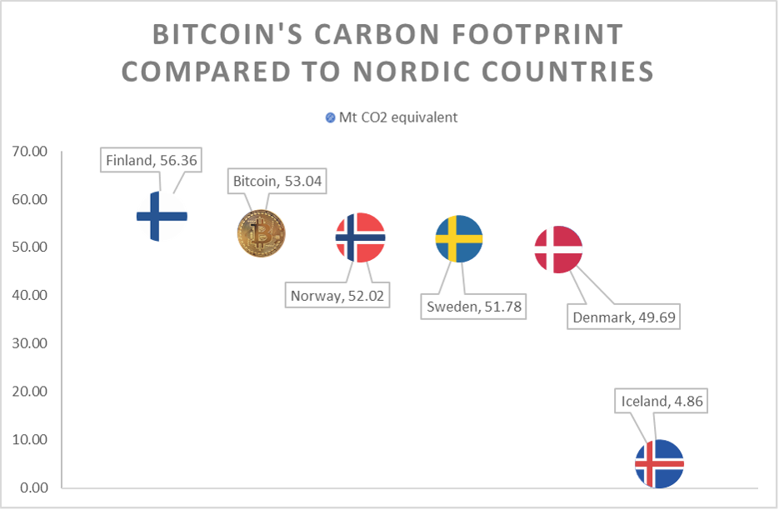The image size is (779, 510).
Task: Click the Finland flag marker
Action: (x=162, y=216)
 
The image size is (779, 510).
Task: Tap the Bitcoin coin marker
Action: (x=262, y=233)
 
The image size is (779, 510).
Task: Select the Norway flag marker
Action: (x=360, y=237)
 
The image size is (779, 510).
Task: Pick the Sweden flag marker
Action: (x=459, y=238)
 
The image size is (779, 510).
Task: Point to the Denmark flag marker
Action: (x=558, y=249)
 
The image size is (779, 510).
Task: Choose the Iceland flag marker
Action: (x=660, y=464)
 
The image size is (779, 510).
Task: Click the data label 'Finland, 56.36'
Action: (x=151, y=160)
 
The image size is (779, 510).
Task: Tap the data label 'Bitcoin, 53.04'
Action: (x=277, y=181)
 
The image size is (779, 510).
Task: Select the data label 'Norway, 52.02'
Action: (x=337, y=296)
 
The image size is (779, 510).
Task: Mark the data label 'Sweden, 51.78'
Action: (x=473, y=307)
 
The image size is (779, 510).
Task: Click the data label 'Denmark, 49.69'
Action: (x=624, y=317)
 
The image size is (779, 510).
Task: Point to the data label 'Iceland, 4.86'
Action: (x=662, y=401)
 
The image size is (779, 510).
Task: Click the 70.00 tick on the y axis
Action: (x=30, y=151)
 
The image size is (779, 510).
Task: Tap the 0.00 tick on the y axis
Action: (x=34, y=487)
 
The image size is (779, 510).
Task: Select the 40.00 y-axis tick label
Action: (x=30, y=295)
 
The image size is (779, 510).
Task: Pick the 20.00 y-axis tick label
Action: (x=30, y=392)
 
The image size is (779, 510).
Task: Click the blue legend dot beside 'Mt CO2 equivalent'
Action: (x=331, y=117)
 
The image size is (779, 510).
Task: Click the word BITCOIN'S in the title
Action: (x=227, y=34)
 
